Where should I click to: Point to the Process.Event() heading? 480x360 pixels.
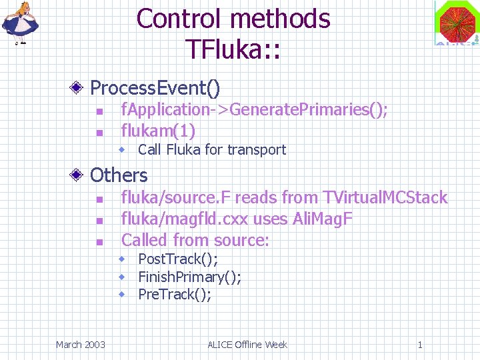[155, 87]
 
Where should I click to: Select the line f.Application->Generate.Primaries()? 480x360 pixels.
[254, 109]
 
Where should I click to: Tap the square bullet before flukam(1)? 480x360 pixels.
[98, 132]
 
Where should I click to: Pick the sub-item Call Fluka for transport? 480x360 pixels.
[211, 150]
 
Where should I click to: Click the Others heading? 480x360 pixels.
[118, 175]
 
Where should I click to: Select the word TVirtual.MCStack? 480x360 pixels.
[385, 197]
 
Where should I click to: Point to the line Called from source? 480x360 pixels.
[195, 240]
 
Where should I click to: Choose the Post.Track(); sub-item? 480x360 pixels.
[177, 259]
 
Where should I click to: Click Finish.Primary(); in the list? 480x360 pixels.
[189, 277]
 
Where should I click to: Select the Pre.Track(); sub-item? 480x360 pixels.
[174, 295]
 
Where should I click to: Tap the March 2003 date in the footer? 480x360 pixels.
[80, 345]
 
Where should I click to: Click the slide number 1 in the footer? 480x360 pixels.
[419, 345]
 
